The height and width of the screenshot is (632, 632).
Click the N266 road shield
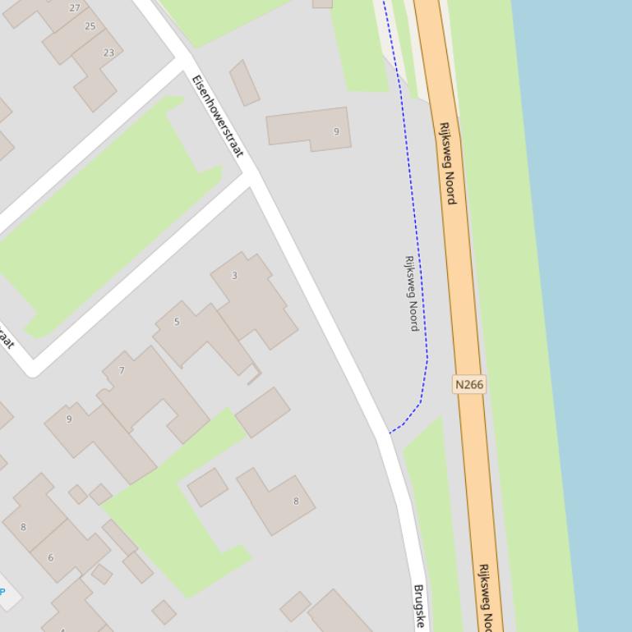tap(468, 384)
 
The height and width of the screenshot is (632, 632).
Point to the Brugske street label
tap(418, 606)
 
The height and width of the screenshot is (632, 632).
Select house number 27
tap(75, 8)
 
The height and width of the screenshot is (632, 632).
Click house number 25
tap(90, 26)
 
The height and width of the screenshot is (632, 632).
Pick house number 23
tap(108, 53)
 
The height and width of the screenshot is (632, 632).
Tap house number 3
tap(234, 276)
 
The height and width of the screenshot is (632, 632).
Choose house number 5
tap(177, 322)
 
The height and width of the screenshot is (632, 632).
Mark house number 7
tap(122, 371)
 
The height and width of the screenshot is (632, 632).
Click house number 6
tap(50, 558)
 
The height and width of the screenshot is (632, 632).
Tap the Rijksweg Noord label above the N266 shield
tap(447, 163)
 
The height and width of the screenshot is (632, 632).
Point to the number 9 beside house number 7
tap(69, 419)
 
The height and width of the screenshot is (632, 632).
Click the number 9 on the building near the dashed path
tap(336, 131)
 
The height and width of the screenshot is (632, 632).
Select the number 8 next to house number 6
tap(23, 527)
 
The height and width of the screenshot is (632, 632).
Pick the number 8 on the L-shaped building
tap(296, 501)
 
